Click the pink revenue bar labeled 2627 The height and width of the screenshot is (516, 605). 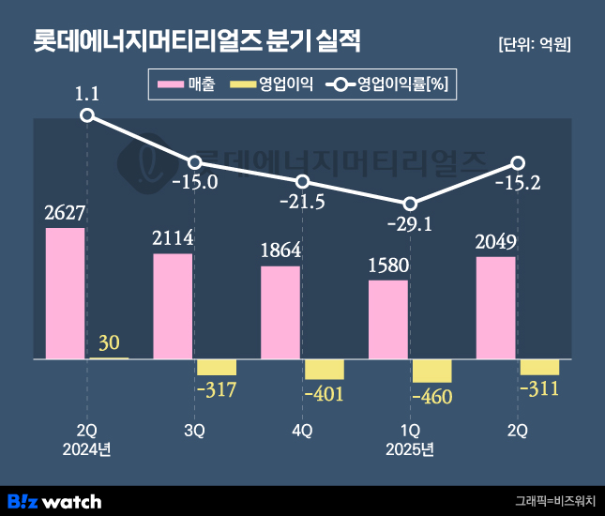(x=65, y=294)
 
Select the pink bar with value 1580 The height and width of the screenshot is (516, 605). (x=388, y=320)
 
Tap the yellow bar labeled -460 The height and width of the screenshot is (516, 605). (x=431, y=371)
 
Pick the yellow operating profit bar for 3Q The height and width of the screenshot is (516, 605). (x=216, y=367)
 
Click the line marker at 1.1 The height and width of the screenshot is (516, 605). (x=87, y=115)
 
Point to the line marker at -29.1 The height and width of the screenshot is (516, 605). (x=410, y=204)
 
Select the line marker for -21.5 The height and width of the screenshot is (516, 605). (x=302, y=181)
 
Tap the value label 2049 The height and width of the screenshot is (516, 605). (x=495, y=243)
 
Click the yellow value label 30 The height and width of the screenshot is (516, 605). (x=109, y=343)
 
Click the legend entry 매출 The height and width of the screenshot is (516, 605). (x=188, y=85)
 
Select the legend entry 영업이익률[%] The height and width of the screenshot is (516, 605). (x=389, y=85)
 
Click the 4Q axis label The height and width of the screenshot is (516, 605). (x=302, y=431)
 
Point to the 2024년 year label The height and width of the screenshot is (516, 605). (x=86, y=449)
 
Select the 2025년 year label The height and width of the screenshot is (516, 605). (x=410, y=449)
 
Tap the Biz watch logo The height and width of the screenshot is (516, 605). (x=53, y=500)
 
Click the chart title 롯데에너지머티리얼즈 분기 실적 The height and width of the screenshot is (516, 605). (x=196, y=42)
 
